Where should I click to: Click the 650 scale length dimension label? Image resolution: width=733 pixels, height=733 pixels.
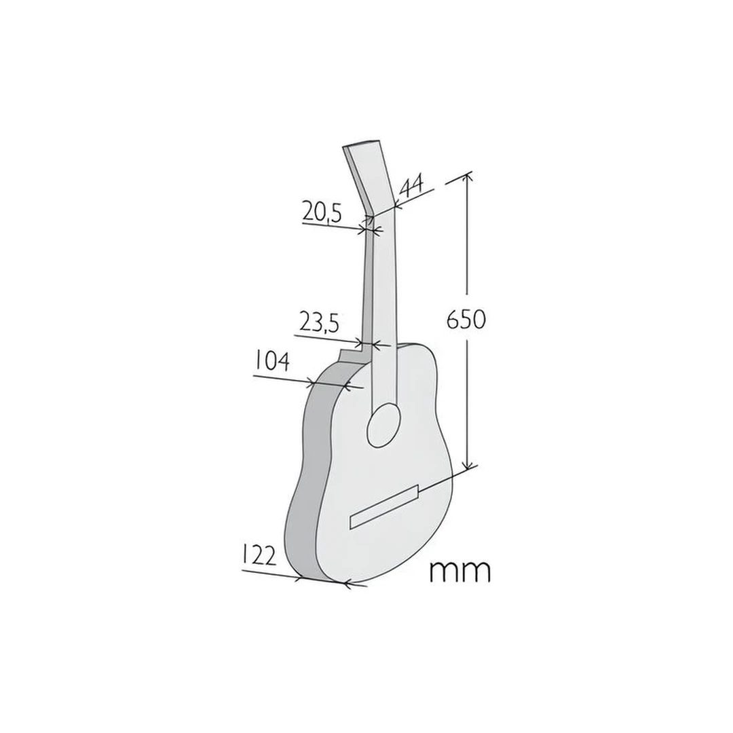pyautogui.click(x=466, y=319)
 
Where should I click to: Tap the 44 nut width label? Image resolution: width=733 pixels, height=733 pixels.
pyautogui.click(x=412, y=186)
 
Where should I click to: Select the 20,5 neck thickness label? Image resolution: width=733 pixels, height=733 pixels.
pyautogui.click(x=322, y=212)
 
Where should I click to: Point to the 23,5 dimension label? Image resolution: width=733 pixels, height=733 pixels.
pyautogui.click(x=318, y=323)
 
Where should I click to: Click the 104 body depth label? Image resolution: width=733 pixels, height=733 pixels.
pyautogui.click(x=273, y=361)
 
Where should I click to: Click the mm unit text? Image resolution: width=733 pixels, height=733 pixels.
pyautogui.click(x=460, y=571)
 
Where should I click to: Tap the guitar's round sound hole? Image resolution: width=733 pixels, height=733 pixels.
pyautogui.click(x=383, y=426)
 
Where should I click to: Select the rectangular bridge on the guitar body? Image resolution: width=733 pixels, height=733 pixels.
pyautogui.click(x=384, y=507)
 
